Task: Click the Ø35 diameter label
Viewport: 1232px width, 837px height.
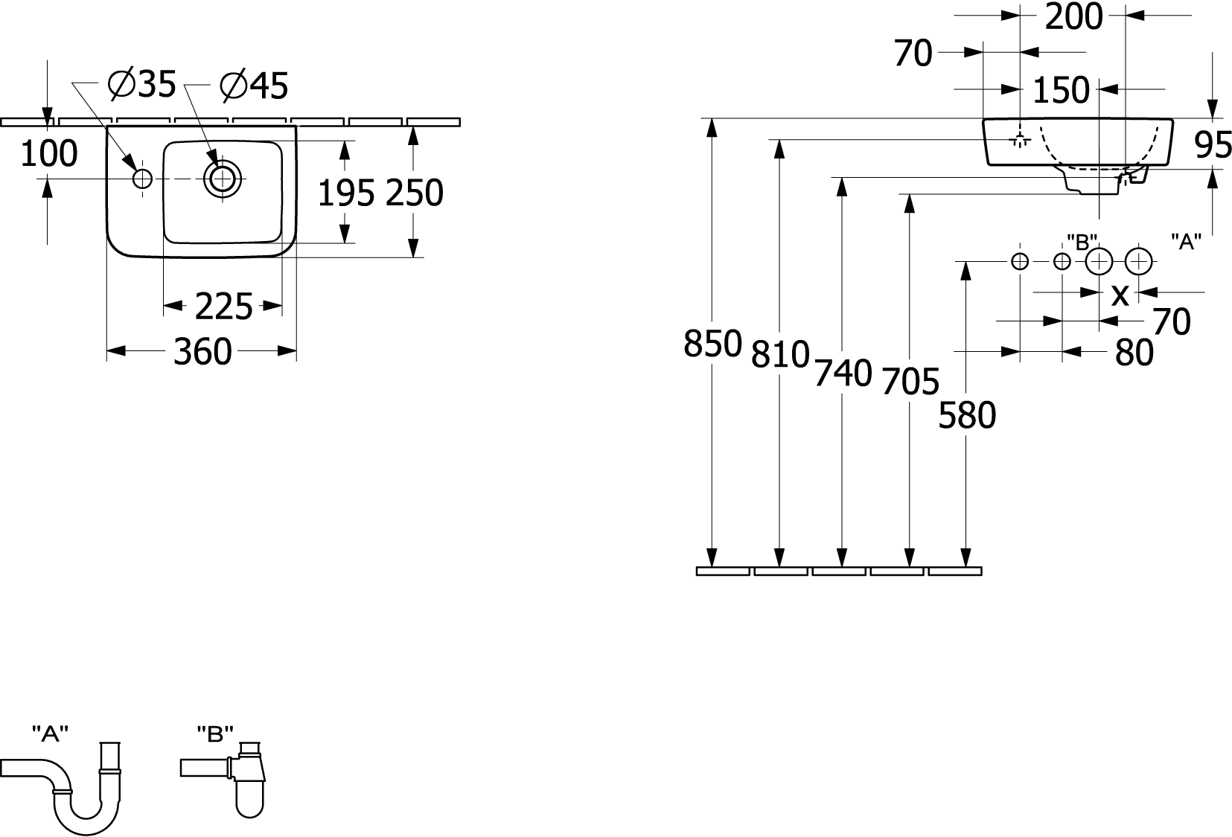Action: click(x=142, y=84)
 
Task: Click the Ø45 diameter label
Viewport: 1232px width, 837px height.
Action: click(x=254, y=86)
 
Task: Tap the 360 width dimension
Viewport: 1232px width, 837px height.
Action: click(x=202, y=352)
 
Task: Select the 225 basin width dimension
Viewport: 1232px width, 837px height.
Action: click(x=223, y=306)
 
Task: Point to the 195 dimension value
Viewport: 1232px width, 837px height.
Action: click(x=346, y=193)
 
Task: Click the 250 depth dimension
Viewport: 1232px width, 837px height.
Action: click(x=414, y=193)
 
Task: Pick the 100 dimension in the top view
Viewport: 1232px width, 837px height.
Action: click(x=49, y=153)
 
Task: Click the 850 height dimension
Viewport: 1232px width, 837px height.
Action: click(x=713, y=344)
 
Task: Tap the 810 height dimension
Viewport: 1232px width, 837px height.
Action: click(x=780, y=354)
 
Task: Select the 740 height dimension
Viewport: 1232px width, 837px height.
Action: click(x=843, y=373)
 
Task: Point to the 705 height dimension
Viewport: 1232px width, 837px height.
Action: click(x=910, y=382)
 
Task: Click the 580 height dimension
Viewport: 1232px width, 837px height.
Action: click(x=967, y=415)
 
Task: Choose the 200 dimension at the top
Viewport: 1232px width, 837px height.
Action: click(x=1073, y=17)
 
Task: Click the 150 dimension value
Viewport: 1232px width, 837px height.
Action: click(x=1061, y=90)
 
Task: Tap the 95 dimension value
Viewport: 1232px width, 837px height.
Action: click(x=1213, y=145)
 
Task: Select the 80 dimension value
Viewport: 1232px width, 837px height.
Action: click(x=1134, y=352)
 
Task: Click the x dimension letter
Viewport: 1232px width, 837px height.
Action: click(x=1120, y=295)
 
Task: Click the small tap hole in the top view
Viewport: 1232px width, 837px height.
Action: click(x=142, y=179)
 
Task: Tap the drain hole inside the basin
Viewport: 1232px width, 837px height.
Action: click(x=222, y=179)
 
